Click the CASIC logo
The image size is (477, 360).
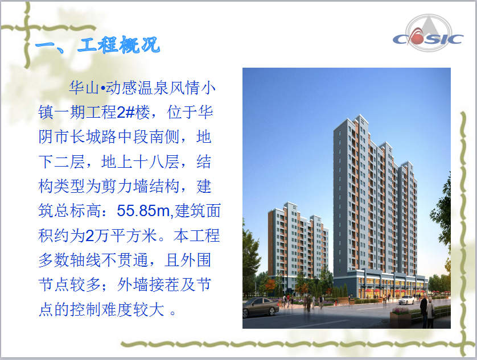click(428, 34)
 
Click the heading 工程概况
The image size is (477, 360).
click(118, 45)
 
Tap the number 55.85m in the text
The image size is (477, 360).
click(143, 210)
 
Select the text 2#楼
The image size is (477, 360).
click(133, 113)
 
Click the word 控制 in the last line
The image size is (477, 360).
click(86, 309)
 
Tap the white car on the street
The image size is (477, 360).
click(406, 300)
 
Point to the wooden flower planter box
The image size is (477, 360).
click(401, 318)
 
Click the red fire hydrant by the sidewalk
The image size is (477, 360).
click(336, 302)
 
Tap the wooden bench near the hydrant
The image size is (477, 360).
click(344, 300)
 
